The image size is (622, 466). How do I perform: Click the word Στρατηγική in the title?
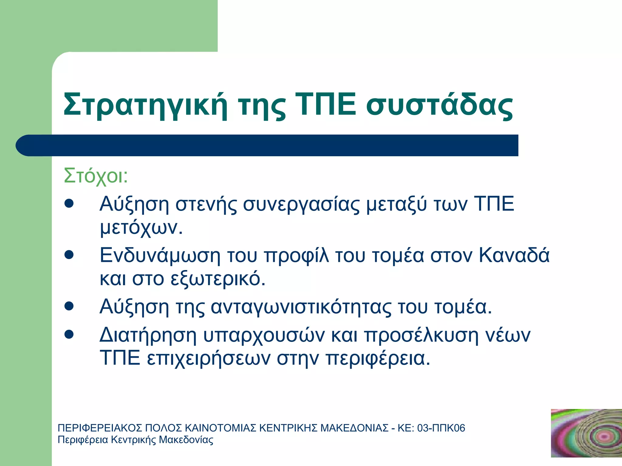[x=145, y=105]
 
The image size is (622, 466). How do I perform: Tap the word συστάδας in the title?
[x=439, y=105]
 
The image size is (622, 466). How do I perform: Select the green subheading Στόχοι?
[x=96, y=176]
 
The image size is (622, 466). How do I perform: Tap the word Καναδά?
[x=514, y=255]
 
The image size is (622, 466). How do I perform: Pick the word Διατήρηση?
[x=148, y=335]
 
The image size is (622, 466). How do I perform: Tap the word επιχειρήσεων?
[x=209, y=359]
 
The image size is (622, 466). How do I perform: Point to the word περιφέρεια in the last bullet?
[x=378, y=359]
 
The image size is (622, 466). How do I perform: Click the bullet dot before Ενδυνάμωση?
[x=69, y=255]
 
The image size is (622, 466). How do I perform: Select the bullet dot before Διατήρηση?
[x=69, y=335]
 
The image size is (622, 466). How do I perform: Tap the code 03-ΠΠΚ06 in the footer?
[x=441, y=428]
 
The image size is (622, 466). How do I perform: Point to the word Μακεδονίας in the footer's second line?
[x=186, y=440]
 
